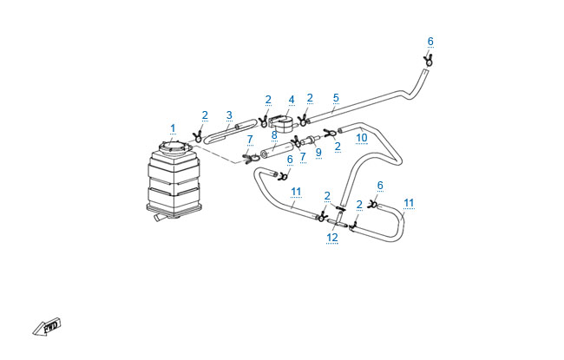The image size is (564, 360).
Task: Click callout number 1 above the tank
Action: (173, 128)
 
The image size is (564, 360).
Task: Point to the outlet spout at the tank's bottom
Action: (159, 220)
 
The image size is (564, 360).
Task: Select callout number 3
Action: (229, 115)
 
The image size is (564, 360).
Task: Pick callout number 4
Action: (292, 99)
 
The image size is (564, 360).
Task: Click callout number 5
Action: (336, 98)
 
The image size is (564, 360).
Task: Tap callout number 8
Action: (273, 134)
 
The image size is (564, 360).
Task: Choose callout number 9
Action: (318, 152)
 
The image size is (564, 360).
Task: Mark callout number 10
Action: (362, 137)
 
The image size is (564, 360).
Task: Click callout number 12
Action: (332, 237)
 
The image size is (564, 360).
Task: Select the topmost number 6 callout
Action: (430, 41)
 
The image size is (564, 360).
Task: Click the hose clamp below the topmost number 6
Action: (429, 58)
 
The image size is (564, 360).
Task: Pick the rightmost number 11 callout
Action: (409, 203)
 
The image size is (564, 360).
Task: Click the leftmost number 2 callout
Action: (205, 115)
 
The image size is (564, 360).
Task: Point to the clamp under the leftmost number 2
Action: (199, 135)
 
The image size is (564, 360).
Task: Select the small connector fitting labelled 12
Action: (338, 226)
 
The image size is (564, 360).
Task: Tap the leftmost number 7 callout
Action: (250, 139)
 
